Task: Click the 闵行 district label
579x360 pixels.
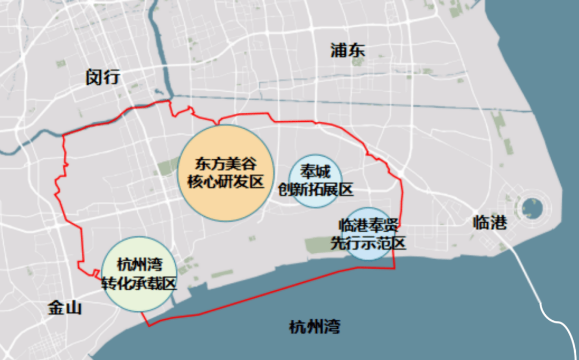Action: click(x=103, y=77)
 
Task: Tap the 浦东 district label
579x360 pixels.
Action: click(x=348, y=51)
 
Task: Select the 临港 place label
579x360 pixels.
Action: click(x=489, y=222)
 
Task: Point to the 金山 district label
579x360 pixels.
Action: click(x=64, y=308)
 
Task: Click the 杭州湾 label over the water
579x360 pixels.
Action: click(x=314, y=326)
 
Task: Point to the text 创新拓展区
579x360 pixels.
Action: click(x=315, y=189)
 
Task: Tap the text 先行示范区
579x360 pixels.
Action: click(x=368, y=243)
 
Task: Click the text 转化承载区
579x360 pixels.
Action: click(x=139, y=283)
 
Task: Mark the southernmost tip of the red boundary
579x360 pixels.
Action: click(x=149, y=325)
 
